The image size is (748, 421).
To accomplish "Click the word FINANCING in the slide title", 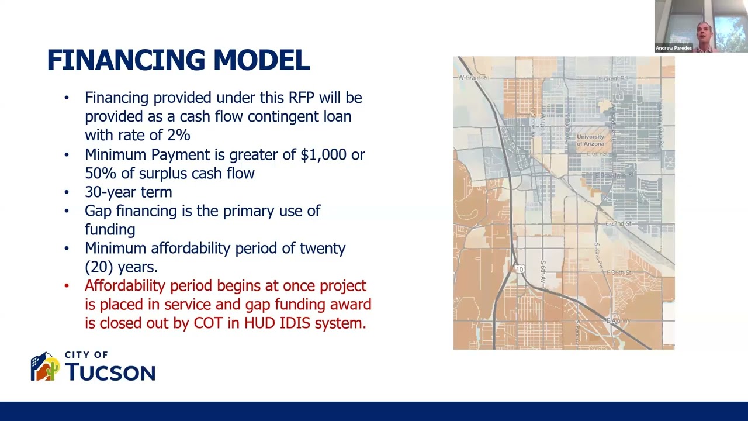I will click(126, 61).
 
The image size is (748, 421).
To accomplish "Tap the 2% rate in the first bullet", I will click(178, 135).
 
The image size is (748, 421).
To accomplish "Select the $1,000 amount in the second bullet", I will click(323, 155).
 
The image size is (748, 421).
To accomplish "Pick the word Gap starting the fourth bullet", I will click(98, 211).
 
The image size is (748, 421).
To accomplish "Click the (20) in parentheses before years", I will click(99, 267).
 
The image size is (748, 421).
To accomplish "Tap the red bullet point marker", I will click(67, 286).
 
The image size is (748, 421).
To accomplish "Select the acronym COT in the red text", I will click(208, 323).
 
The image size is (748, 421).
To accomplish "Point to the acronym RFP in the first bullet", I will click(302, 98).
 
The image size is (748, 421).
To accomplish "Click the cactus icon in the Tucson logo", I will click(52, 370).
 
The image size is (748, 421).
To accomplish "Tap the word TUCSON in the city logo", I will click(110, 372).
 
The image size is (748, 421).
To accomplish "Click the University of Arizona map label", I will click(590, 140).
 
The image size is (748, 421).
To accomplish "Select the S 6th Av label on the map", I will click(543, 272).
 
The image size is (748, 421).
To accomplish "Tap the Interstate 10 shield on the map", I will click(520, 269).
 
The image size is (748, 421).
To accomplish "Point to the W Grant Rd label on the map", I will click(473, 77).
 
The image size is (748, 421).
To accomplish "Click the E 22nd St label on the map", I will click(618, 224).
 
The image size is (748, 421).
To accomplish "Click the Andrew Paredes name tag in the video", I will click(673, 48).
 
